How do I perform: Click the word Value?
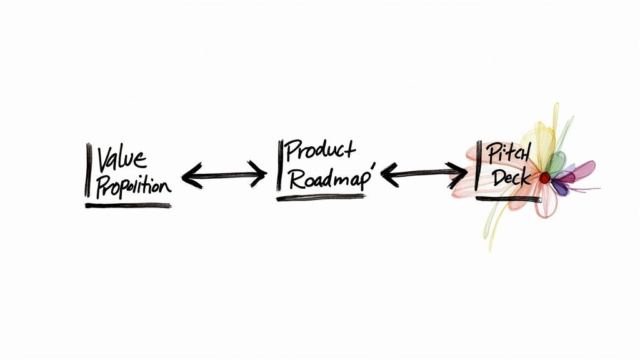point(122,158)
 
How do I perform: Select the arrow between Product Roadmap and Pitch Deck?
point(424,171)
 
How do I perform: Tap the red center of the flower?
point(545,178)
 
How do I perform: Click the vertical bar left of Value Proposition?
point(87,170)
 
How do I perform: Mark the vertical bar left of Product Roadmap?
point(279,164)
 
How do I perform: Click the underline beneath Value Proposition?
point(128,205)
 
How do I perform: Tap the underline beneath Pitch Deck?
point(507,199)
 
